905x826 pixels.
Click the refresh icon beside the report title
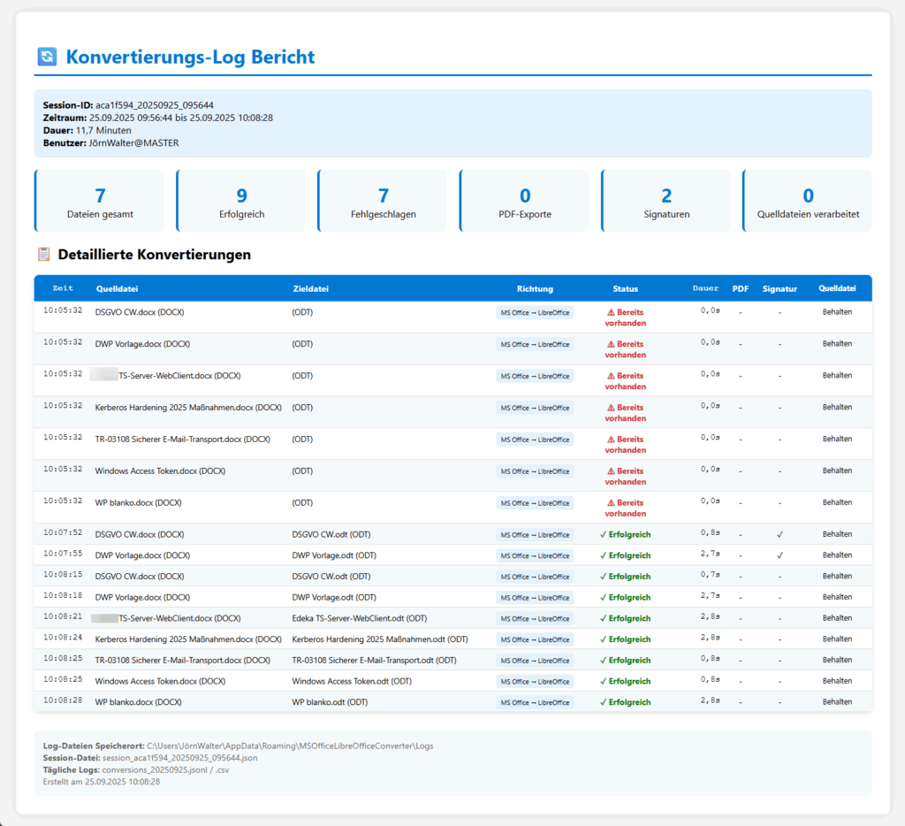(x=47, y=57)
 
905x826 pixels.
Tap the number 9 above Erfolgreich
(x=241, y=195)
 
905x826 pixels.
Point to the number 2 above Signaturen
(x=666, y=195)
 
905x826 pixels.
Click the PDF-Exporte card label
(x=524, y=214)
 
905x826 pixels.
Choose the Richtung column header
(x=535, y=288)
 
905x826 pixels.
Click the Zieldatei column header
(x=311, y=288)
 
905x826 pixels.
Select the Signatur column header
(x=780, y=288)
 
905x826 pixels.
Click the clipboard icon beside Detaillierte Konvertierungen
(x=44, y=255)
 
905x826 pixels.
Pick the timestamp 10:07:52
(x=63, y=533)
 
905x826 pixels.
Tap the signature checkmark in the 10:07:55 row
(x=780, y=555)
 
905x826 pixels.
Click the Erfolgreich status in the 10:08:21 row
(x=625, y=618)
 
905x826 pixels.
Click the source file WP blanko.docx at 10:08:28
(x=138, y=702)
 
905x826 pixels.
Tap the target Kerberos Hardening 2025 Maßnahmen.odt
(x=379, y=639)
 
